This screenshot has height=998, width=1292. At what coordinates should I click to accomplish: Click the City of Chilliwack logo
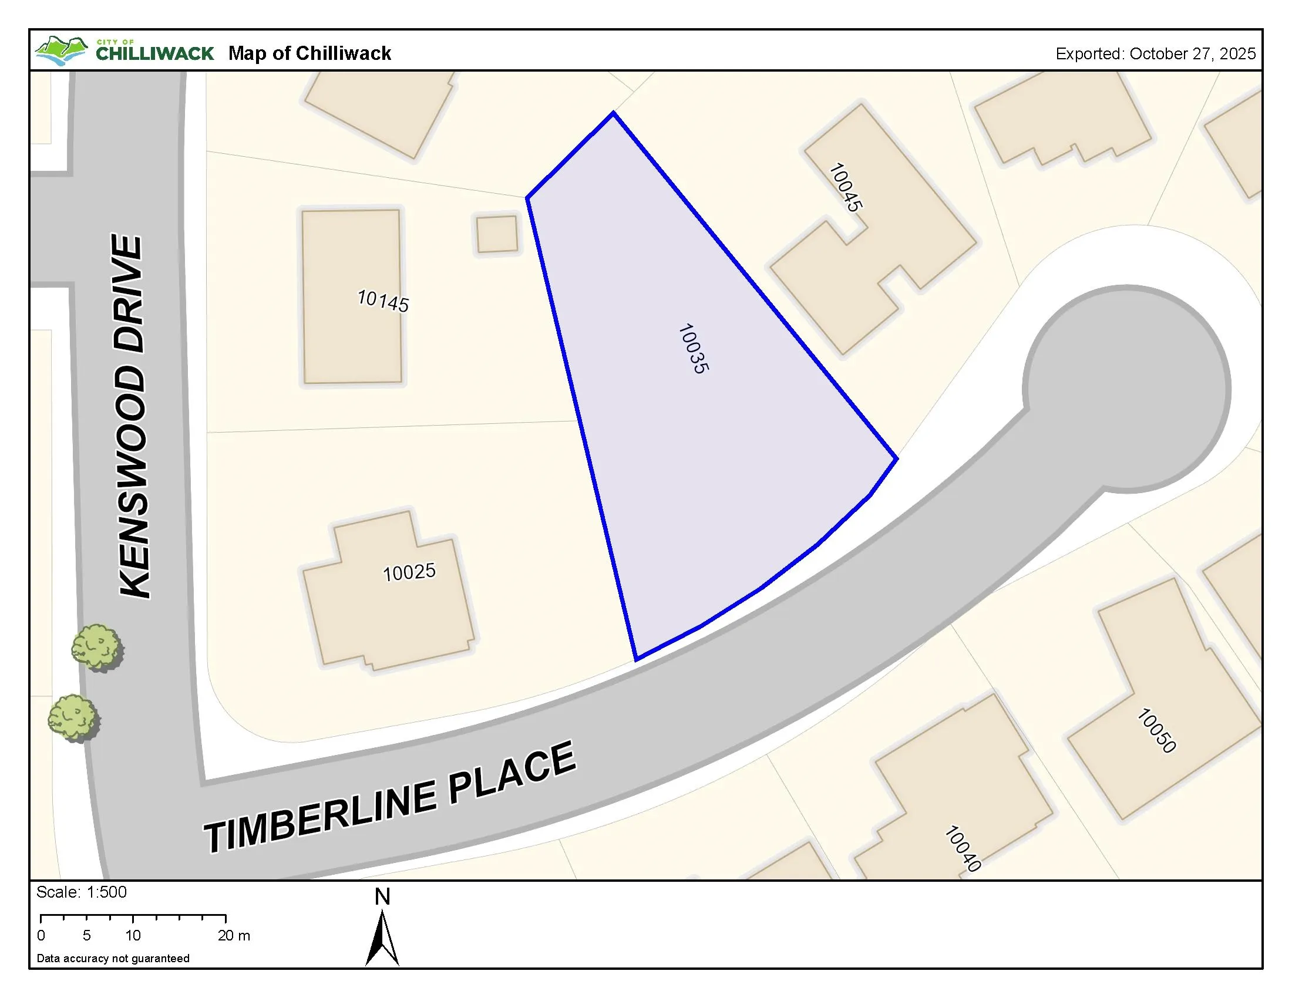tap(125, 52)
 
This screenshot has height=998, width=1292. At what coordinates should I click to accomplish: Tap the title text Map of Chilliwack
tap(309, 53)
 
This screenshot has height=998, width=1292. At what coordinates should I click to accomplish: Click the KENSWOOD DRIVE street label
tap(132, 416)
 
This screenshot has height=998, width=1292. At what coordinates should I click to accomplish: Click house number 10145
tap(383, 301)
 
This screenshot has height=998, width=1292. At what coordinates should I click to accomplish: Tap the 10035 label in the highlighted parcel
tap(693, 349)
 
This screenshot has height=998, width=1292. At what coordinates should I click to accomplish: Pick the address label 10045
tap(845, 187)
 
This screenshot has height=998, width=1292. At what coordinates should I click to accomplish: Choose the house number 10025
tap(409, 572)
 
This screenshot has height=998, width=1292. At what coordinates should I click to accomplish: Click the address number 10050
tap(1156, 731)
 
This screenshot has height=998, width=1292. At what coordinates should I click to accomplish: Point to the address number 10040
tap(963, 848)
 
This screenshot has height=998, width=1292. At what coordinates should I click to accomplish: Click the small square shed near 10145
tap(497, 234)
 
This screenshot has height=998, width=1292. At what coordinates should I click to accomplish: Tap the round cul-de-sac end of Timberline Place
tap(1126, 389)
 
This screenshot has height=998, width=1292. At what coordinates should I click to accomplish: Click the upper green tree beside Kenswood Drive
tap(97, 647)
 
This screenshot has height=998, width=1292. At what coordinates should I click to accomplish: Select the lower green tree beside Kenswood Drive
tap(73, 718)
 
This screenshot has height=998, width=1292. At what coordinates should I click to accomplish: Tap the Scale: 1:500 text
tap(82, 892)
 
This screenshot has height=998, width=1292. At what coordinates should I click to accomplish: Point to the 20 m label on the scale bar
tap(234, 936)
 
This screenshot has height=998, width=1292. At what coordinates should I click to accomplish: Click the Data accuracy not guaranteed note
tap(113, 959)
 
